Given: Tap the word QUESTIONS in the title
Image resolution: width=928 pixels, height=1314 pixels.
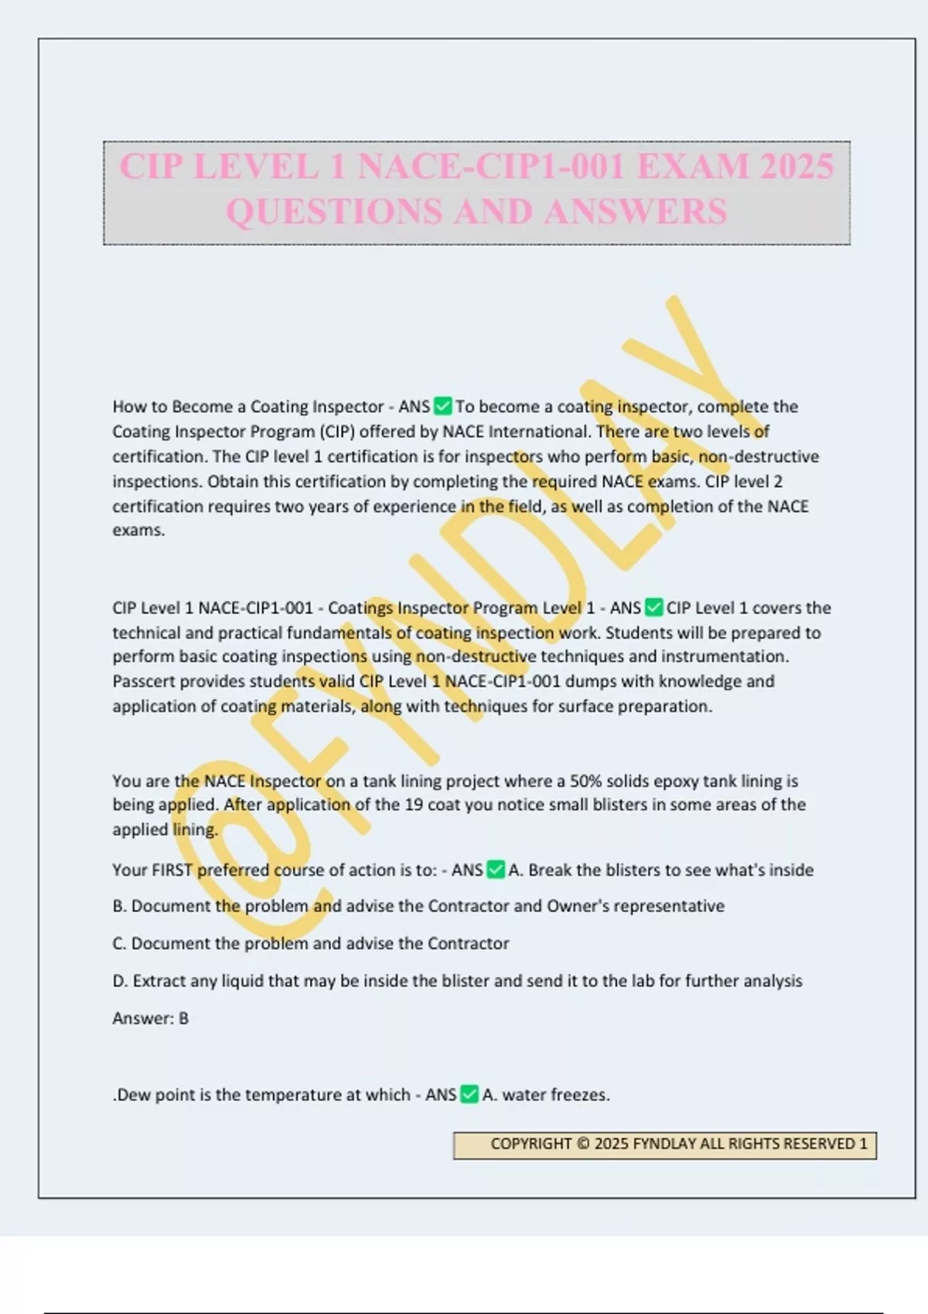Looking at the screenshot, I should point(333,212).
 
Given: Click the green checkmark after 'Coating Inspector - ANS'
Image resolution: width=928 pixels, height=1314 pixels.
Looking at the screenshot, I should point(443,406).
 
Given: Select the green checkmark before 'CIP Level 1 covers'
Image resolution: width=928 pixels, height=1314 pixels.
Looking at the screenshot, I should point(654,608).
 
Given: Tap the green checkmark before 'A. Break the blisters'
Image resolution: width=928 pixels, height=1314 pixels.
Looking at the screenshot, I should point(496,870).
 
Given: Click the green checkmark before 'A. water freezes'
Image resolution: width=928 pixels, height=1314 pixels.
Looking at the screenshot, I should point(469,1094).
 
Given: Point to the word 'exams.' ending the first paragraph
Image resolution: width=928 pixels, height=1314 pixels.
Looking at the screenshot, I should point(138,530).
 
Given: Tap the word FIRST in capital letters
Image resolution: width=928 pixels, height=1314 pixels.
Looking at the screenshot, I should point(172,870).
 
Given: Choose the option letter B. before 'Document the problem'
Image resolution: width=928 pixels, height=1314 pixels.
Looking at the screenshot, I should point(120,906).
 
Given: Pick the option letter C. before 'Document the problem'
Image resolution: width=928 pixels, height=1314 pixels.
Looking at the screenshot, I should point(120,943).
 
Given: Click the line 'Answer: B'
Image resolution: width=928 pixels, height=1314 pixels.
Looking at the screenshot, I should point(151,1018).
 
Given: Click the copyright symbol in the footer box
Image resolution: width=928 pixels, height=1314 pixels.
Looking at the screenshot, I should point(583,1144).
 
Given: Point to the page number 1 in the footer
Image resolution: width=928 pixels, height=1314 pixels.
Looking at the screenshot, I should point(863,1144).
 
